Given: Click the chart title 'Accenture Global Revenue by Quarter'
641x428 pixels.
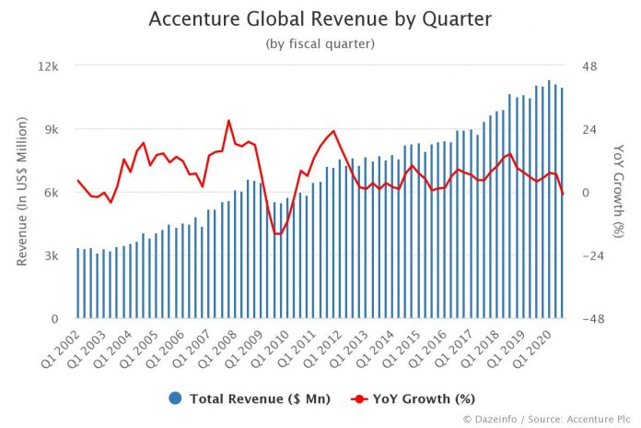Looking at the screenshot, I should click(x=320, y=19).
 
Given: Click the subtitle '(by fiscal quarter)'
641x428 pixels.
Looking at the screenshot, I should click(x=320, y=42).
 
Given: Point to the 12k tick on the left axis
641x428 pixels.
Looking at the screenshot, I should click(x=48, y=66).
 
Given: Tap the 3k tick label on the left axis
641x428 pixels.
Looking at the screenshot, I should click(x=52, y=256).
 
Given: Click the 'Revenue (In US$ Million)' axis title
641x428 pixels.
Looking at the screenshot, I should click(x=21, y=192).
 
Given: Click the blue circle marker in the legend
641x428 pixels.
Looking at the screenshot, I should click(x=174, y=398).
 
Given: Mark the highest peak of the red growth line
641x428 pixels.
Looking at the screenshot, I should click(x=228, y=121).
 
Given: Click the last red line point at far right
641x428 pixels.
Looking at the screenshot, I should click(x=563, y=194).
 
